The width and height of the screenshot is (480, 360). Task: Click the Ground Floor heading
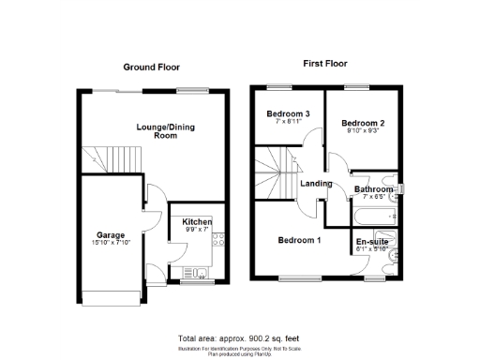click(151, 67)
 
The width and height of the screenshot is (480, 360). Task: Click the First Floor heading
click(325, 63)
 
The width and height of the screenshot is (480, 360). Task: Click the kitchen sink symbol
click(202, 273)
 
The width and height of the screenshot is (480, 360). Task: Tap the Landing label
click(316, 183)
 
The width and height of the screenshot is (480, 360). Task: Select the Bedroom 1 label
click(299, 240)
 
